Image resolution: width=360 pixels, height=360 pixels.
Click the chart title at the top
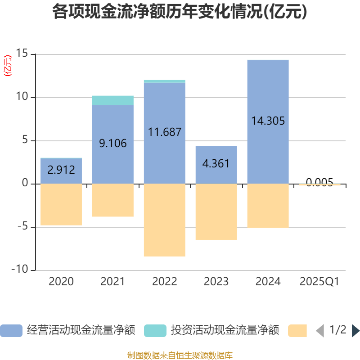(x=180, y=12)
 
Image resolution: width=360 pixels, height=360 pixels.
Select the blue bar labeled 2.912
(x=61, y=171)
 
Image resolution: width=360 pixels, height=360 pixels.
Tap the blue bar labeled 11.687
(x=165, y=133)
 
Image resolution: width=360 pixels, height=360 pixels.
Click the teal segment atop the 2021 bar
(x=112, y=100)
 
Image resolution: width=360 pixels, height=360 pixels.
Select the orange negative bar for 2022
(x=165, y=220)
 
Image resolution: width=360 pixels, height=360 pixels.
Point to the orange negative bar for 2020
(x=61, y=204)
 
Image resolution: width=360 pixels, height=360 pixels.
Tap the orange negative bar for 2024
(x=268, y=206)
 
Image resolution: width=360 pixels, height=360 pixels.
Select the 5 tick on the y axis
(x=25, y=141)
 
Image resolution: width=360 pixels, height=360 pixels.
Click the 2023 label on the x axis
(x=216, y=282)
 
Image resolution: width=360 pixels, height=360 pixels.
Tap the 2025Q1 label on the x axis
(x=319, y=282)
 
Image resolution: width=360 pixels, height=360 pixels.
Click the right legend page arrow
(x=355, y=331)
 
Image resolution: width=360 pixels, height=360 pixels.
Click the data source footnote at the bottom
(x=180, y=355)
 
